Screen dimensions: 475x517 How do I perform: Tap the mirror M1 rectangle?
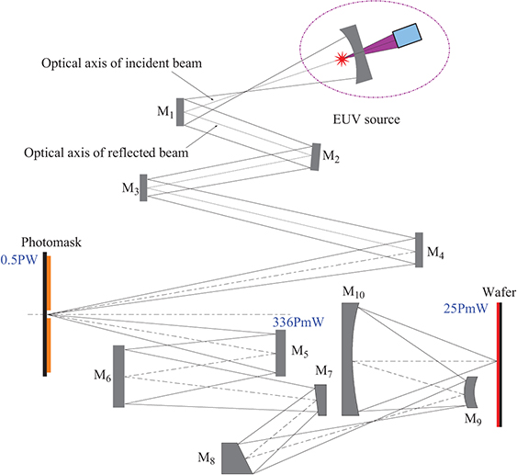point(181,111)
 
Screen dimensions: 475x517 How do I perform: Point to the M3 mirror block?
point(143,187)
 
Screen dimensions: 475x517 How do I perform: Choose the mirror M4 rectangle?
point(419,250)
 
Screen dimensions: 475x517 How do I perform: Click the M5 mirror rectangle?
point(281,353)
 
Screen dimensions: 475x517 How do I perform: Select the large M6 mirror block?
point(118,376)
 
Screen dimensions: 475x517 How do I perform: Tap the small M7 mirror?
point(320,400)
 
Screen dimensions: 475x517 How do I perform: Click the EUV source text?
point(366,119)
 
